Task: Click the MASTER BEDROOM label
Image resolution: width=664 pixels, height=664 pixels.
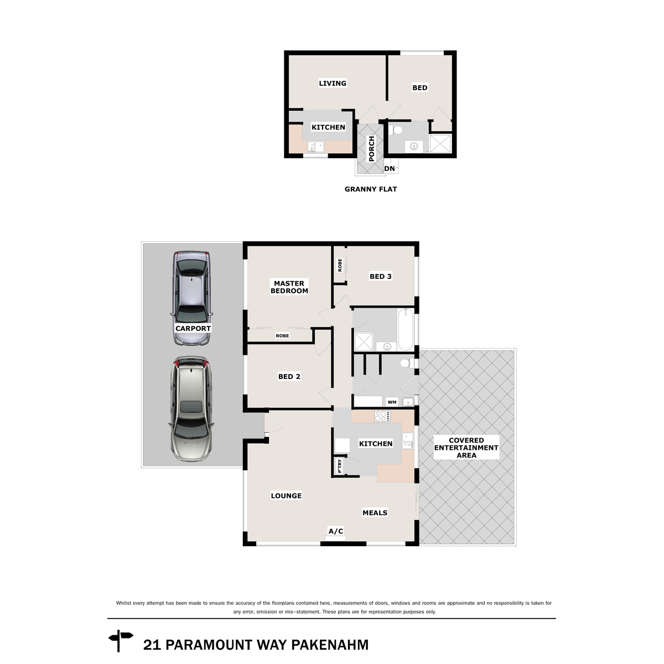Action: pyautogui.click(x=289, y=287)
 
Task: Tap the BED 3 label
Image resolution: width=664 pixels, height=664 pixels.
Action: pyautogui.click(x=380, y=276)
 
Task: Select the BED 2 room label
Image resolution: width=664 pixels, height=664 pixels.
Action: pyautogui.click(x=289, y=377)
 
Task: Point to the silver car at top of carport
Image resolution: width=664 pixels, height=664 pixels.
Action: pyautogui.click(x=191, y=298)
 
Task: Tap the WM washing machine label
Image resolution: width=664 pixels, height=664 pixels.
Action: pyautogui.click(x=392, y=402)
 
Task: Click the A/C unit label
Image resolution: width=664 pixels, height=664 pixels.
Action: pyautogui.click(x=336, y=531)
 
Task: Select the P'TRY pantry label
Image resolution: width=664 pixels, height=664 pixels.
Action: pyautogui.click(x=340, y=466)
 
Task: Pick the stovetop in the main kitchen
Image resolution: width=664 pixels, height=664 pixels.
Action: pyautogui.click(x=382, y=416)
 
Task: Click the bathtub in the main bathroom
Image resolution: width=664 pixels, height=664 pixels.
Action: pyautogui.click(x=406, y=330)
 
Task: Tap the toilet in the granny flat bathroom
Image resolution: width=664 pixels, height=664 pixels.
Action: pyautogui.click(x=396, y=130)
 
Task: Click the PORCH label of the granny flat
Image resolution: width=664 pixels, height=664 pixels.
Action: pyautogui.click(x=371, y=148)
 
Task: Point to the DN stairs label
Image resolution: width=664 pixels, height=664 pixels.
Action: pyautogui.click(x=390, y=169)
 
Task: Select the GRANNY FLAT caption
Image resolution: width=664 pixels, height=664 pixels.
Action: pyautogui.click(x=371, y=189)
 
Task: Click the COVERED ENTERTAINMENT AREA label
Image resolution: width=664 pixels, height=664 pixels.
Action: pyautogui.click(x=466, y=448)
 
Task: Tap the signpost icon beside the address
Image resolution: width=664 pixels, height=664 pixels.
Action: pyautogui.click(x=121, y=641)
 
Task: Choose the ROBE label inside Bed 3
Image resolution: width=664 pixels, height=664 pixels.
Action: pyautogui.click(x=340, y=265)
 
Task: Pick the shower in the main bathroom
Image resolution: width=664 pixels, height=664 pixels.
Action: pyautogui.click(x=364, y=342)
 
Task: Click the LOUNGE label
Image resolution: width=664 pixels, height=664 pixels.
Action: pyautogui.click(x=286, y=496)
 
